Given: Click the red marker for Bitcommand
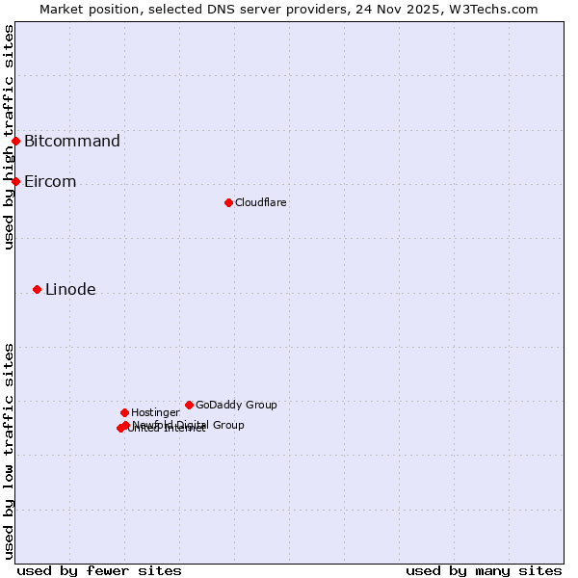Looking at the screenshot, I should click(x=15, y=142).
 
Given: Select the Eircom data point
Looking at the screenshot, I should click(x=15, y=181).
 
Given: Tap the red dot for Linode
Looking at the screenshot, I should click(x=37, y=289).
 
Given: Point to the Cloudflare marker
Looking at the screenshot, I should click(x=228, y=202).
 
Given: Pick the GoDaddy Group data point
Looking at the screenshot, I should click(x=189, y=405).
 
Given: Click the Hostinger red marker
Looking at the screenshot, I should click(x=124, y=412).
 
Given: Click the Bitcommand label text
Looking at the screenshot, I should click(x=72, y=142).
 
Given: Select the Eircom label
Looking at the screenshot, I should click(x=50, y=182).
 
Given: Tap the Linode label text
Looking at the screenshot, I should click(x=70, y=290).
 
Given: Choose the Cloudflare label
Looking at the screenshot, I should click(x=261, y=203).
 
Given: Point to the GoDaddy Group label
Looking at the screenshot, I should click(x=236, y=406).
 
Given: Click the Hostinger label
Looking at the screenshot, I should click(x=155, y=413).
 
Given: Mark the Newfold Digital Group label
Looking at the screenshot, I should click(x=189, y=425).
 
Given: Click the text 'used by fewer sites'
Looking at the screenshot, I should click(x=99, y=570).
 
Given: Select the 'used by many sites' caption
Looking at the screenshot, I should click(x=484, y=570).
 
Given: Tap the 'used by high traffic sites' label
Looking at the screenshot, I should click(x=9, y=137).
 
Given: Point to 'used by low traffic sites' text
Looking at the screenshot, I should click(x=9, y=450).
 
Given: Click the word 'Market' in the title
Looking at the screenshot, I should click(x=64, y=9).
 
